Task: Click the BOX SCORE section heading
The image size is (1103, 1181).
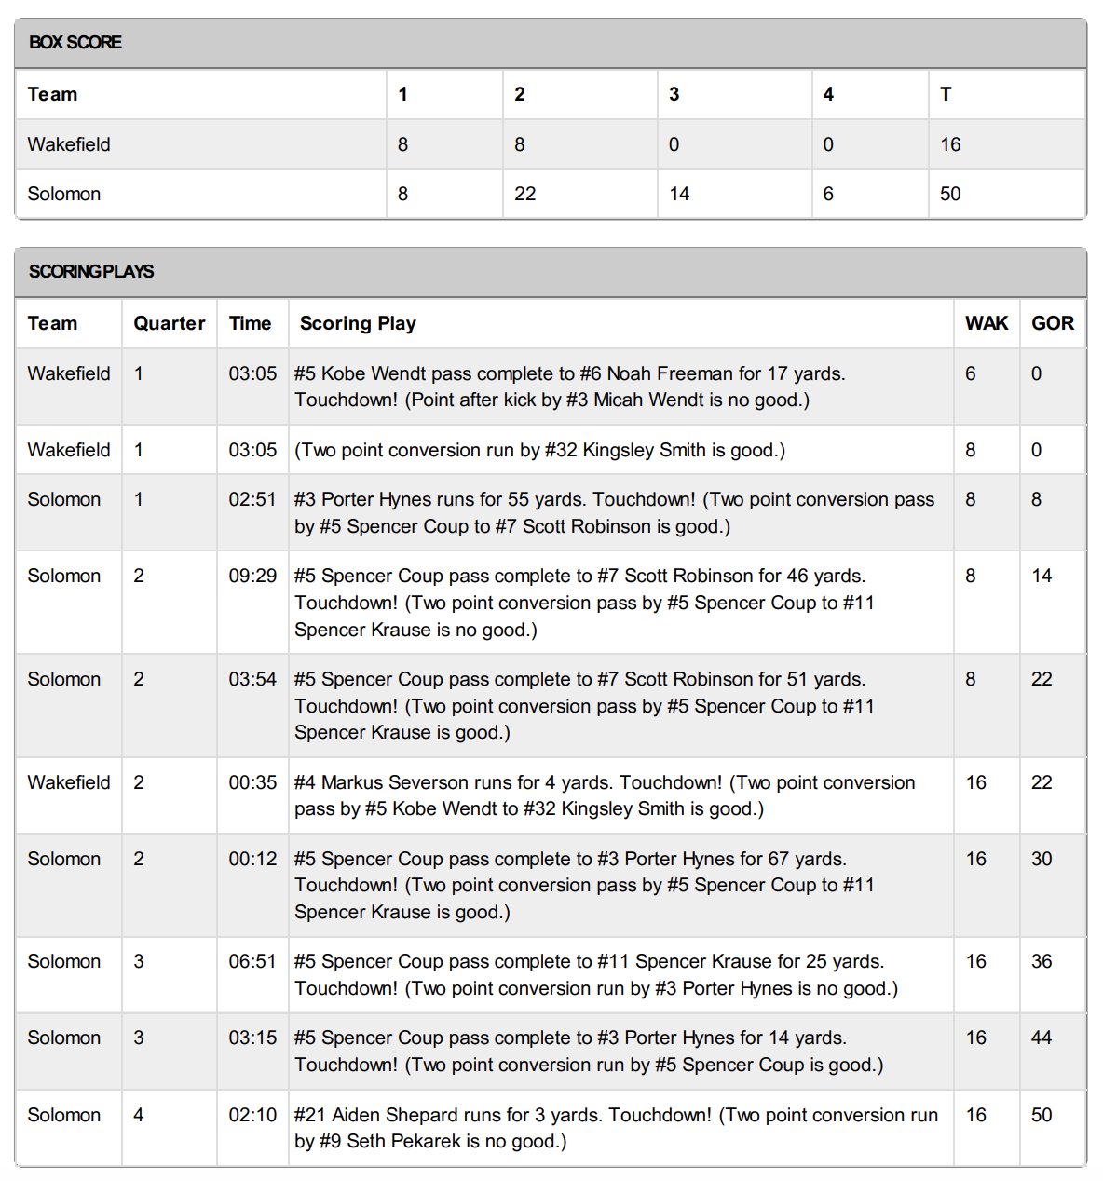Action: pyautogui.click(x=75, y=42)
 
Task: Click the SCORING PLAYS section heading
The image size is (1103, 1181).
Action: pyautogui.click(x=91, y=271)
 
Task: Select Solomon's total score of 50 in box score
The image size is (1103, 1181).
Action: pyautogui.click(x=949, y=194)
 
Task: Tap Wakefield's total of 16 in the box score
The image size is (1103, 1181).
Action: pyautogui.click(x=949, y=144)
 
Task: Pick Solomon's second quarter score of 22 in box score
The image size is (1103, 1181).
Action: pyautogui.click(x=524, y=194)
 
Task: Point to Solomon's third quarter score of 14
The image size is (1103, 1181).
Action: pyautogui.click(x=679, y=194)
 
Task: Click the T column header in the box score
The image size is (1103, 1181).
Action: pyautogui.click(x=946, y=94)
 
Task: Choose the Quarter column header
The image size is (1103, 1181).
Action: pyautogui.click(x=169, y=323)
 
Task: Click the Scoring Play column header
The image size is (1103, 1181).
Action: pyautogui.click(x=358, y=323)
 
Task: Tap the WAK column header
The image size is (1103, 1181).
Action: pyautogui.click(x=986, y=323)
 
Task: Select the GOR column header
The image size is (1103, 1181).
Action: pyautogui.click(x=1053, y=323)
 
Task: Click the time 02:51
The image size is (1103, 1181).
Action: pyautogui.click(x=252, y=499)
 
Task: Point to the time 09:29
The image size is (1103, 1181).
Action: pyautogui.click(x=252, y=576)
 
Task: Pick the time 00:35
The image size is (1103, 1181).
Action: pyautogui.click(x=252, y=782)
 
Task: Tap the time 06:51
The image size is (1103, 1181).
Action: pyautogui.click(x=252, y=961)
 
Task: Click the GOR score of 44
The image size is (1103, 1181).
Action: pyautogui.click(x=1042, y=1038)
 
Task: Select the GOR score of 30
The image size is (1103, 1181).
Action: pyautogui.click(x=1042, y=859)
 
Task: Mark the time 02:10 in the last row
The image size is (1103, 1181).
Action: pyautogui.click(x=252, y=1115)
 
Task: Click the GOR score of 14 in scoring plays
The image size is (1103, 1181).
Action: pyautogui.click(x=1042, y=576)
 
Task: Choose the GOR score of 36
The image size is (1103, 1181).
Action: pyautogui.click(x=1042, y=961)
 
